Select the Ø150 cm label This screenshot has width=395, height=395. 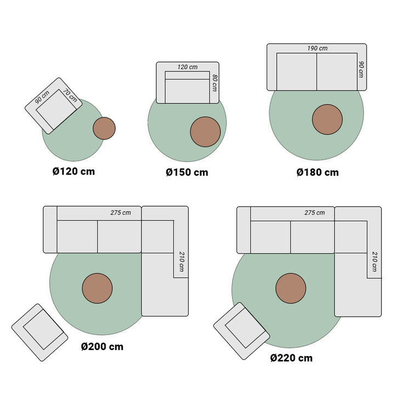click(187, 172)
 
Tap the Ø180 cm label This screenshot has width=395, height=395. click(318, 172)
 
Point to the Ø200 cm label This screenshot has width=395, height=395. click(102, 347)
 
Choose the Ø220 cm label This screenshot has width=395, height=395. click(291, 358)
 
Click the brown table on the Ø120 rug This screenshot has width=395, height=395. click(104, 128)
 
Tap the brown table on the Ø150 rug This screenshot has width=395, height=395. click(206, 132)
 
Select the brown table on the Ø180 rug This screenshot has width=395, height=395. click(328, 120)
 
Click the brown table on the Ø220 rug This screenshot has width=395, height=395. click(291, 289)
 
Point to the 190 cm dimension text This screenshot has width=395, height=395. click(317, 48)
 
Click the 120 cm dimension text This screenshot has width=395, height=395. click(187, 67)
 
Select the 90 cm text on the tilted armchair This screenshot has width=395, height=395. click(42, 97)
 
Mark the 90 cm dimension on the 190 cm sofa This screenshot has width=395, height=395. click(361, 69)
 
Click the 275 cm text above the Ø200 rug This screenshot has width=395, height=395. click(121, 212)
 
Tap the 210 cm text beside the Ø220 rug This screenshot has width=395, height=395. click(374, 262)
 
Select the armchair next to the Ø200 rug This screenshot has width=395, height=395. click(39, 332)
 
